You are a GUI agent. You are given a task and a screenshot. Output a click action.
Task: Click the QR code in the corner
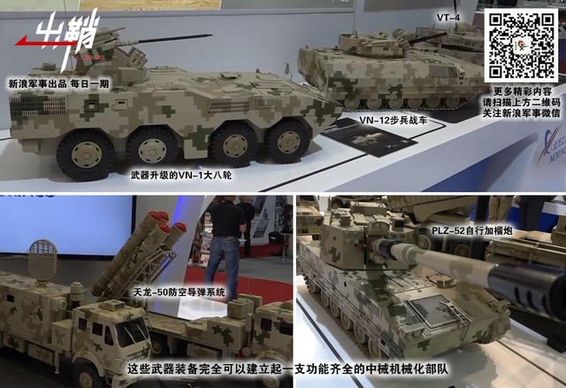click(x=520, y=45)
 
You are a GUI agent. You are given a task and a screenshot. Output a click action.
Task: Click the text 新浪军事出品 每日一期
click(x=58, y=83)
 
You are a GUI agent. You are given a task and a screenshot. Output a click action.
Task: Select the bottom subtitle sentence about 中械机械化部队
click(x=283, y=368)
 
